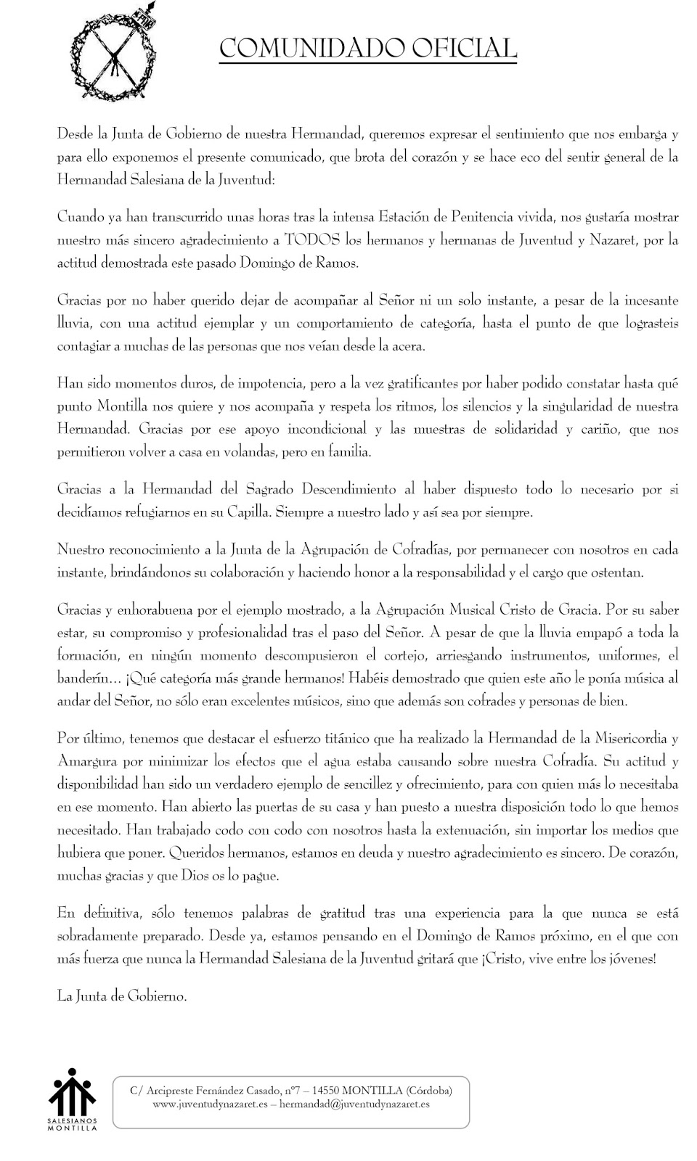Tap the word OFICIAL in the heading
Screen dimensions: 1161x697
[x=465, y=49]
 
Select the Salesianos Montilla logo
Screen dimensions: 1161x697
[x=73, y=1099]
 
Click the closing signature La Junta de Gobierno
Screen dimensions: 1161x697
[x=122, y=996]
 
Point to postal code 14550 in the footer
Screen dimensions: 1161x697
[x=322, y=1090]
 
